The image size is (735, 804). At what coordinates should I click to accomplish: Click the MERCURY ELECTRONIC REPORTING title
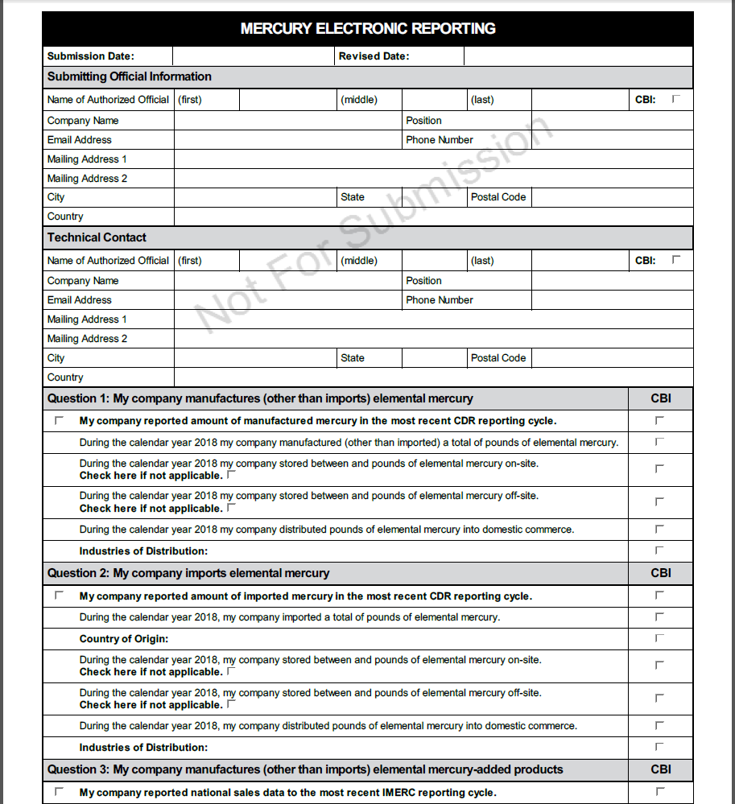pos(368,29)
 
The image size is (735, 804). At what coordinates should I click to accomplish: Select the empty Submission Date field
pos(253,56)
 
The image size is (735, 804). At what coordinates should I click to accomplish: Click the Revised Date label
pos(374,56)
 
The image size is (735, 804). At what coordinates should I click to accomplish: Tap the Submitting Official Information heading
pos(130,76)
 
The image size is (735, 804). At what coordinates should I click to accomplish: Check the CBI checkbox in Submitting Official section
pos(676,99)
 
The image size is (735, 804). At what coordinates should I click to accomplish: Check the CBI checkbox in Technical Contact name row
pos(676,260)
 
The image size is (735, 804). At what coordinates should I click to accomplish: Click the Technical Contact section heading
pos(97,237)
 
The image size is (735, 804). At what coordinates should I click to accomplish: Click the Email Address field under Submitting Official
pos(288,140)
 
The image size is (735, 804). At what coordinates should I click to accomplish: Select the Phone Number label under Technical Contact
pos(440,300)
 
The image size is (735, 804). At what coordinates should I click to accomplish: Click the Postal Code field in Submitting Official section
pos(611,197)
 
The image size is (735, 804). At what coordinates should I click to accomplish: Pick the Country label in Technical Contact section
pos(65,377)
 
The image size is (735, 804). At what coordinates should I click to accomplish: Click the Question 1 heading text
pos(260,398)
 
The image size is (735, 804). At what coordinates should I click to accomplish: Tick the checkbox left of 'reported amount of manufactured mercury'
pos(59,420)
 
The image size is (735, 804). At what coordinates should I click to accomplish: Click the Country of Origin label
pos(123,639)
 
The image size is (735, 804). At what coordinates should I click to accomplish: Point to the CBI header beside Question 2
pos(660,573)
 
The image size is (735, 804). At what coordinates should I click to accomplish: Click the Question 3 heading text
pos(305,769)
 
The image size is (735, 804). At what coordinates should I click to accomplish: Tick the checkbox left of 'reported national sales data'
pos(59,792)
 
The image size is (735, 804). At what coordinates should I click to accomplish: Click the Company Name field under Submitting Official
pos(288,121)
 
